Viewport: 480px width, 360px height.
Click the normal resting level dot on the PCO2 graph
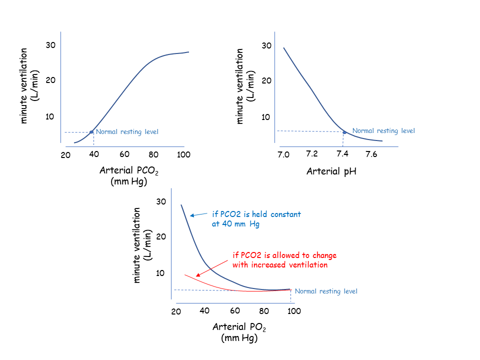coord(91,132)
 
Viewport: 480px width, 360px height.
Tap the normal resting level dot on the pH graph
coord(344,132)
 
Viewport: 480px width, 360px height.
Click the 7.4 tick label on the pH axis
coord(342,154)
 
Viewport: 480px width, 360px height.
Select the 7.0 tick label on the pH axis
coord(283,154)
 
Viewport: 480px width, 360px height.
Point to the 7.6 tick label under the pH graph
coord(371,154)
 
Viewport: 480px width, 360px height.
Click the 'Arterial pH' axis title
coord(331,172)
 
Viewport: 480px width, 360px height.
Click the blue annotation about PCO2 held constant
coord(256,219)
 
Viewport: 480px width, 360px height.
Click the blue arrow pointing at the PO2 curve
coord(199,215)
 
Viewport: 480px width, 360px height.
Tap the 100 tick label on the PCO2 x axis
coord(184,154)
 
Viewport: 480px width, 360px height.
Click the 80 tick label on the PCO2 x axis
coord(153,154)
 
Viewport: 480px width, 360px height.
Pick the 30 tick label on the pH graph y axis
coord(266,45)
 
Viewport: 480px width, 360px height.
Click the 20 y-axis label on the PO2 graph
coord(161,236)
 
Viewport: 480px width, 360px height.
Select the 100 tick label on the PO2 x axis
coord(294,311)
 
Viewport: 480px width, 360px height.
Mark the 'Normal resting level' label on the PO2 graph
coord(326,291)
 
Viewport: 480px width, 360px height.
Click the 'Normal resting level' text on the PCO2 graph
coord(127,132)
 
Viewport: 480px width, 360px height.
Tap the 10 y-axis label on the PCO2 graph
coord(50,116)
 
